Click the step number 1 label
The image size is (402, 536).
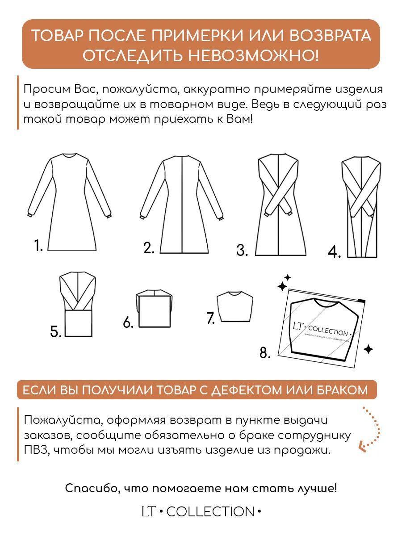38,245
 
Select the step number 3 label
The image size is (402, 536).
242,250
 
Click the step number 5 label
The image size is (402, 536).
56,331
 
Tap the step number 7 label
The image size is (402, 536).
211,318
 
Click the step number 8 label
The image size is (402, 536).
265,353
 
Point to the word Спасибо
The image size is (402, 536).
91,488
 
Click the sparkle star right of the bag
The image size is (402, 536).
368,349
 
